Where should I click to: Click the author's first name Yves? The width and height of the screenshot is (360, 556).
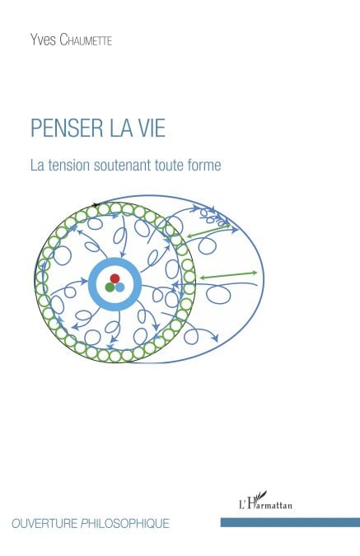43,40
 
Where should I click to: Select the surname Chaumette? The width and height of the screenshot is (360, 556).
86,40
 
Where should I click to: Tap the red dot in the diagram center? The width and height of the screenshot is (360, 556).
115,278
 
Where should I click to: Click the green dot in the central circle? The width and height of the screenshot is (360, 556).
110,287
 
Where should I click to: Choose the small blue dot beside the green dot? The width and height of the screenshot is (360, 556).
120,287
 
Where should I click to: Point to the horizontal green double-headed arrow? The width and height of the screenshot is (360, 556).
228,275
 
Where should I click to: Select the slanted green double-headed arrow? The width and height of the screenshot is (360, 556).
208,230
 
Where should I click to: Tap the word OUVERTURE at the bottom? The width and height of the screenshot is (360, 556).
44,523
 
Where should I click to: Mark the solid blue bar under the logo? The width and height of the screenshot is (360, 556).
290,522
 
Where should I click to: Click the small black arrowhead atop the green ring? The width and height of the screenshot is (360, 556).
96,204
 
